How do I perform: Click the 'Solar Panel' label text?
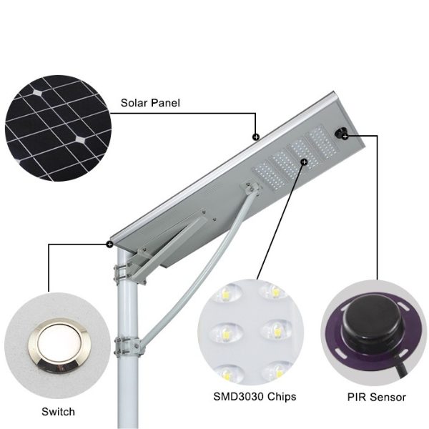click(x=150, y=103)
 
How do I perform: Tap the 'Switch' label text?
click(x=58, y=412)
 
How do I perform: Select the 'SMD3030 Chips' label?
click(x=255, y=396)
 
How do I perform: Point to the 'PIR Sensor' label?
click(x=377, y=397)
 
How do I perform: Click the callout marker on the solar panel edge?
click(x=256, y=137)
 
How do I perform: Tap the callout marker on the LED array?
click(x=304, y=162)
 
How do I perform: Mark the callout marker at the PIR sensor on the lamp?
click(x=345, y=136)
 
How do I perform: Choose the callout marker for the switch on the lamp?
click(x=109, y=244)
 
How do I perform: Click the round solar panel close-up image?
click(x=59, y=128)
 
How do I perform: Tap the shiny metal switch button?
click(x=59, y=345)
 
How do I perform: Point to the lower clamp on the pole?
click(x=128, y=346)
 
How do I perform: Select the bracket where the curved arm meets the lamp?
click(x=251, y=187)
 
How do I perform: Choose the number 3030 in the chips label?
click(x=251, y=396)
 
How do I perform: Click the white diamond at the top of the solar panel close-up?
click(x=37, y=93)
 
